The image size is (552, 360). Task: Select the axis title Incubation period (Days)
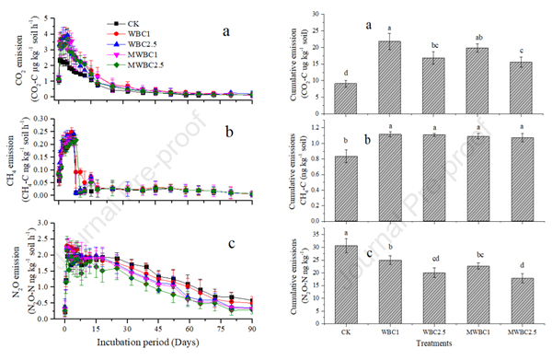[158, 341]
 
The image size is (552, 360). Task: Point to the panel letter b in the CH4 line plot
[226, 132]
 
